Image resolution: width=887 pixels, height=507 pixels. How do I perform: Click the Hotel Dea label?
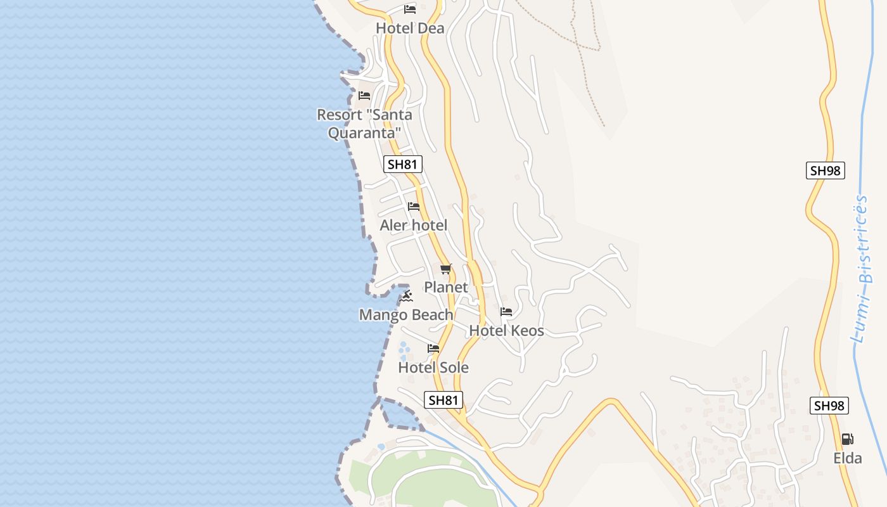point(410,29)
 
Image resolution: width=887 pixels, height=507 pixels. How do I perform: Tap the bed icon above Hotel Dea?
point(410,10)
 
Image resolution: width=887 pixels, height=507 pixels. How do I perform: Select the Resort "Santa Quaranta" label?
point(364,124)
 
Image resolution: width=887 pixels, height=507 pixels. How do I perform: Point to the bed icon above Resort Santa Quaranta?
point(364,96)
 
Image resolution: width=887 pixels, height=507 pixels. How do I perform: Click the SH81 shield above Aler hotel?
point(403,165)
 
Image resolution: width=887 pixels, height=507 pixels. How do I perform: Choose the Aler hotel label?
point(413,225)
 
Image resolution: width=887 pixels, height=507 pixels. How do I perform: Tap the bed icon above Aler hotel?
point(414,207)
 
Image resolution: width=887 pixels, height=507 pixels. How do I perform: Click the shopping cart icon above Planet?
point(446,269)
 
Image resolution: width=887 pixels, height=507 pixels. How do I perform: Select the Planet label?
point(446,287)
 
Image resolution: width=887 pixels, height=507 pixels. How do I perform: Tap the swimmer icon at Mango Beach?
point(407,297)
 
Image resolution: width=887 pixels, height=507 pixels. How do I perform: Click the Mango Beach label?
point(406,315)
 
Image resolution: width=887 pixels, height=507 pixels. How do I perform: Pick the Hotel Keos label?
point(506,330)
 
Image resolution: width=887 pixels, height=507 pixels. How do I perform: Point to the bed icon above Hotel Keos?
point(506,312)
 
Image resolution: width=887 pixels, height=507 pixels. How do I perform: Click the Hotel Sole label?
point(433,368)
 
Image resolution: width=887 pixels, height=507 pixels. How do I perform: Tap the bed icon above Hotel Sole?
point(433,349)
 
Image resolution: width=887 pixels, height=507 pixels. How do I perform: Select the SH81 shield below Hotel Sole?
point(443,400)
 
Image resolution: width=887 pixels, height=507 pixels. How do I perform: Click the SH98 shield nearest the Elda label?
point(829,406)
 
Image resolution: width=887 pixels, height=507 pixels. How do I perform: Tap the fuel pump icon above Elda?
point(847,439)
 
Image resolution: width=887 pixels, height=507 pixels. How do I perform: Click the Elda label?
point(848,458)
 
